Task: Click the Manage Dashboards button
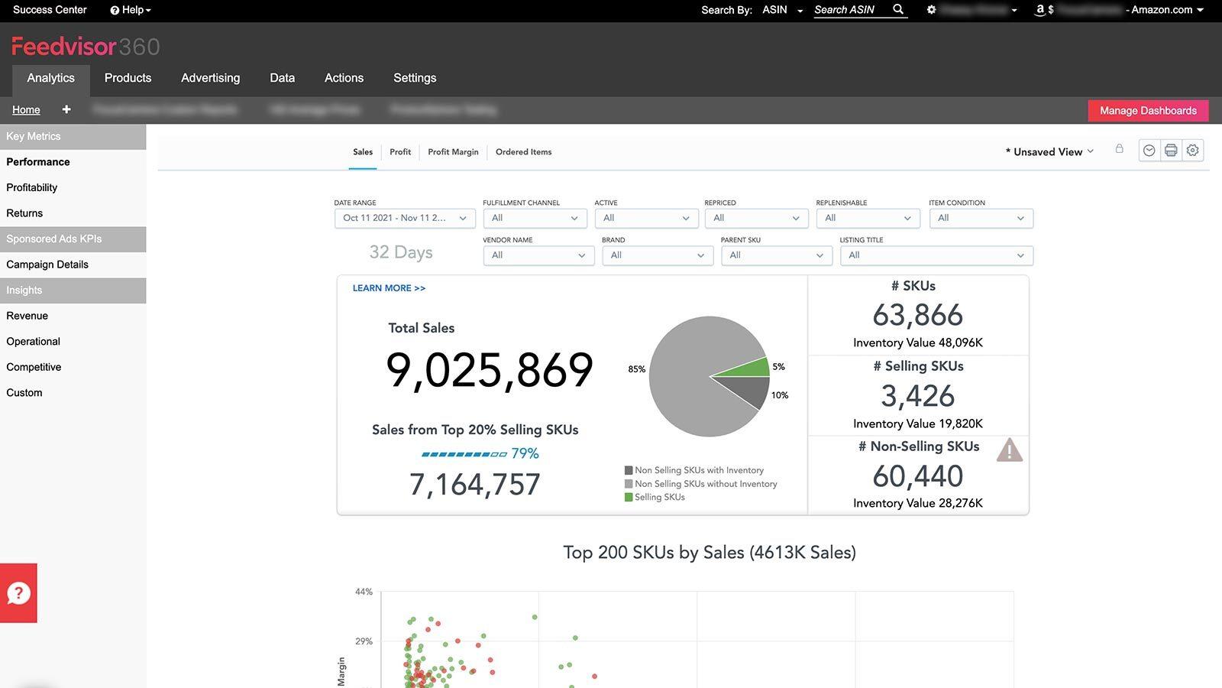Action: [1148, 111]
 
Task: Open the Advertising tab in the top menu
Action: [210, 78]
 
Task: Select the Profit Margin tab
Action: [453, 152]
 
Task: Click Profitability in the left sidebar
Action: [32, 187]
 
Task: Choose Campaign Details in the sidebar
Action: [47, 264]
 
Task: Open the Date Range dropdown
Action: [405, 219]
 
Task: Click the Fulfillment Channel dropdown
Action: [535, 219]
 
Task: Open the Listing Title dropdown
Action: [936, 255]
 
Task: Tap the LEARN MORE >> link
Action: [389, 288]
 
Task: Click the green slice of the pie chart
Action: [752, 368]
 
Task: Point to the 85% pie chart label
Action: [636, 369]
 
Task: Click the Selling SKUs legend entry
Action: [659, 497]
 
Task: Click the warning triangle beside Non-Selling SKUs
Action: [1009, 450]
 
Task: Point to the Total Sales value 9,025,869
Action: [490, 370]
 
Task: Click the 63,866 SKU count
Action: [917, 315]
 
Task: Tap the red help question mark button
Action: [18, 593]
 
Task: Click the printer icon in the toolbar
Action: [1170, 151]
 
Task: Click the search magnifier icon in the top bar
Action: [898, 10]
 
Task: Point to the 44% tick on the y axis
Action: [364, 592]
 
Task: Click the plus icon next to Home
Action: [66, 110]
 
